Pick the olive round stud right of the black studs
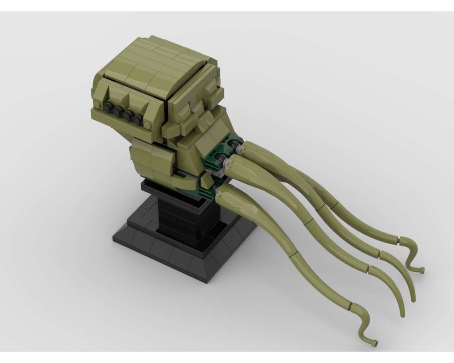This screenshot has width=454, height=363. tap(149, 125)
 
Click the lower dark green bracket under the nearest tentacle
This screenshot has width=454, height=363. tap(207, 193)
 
